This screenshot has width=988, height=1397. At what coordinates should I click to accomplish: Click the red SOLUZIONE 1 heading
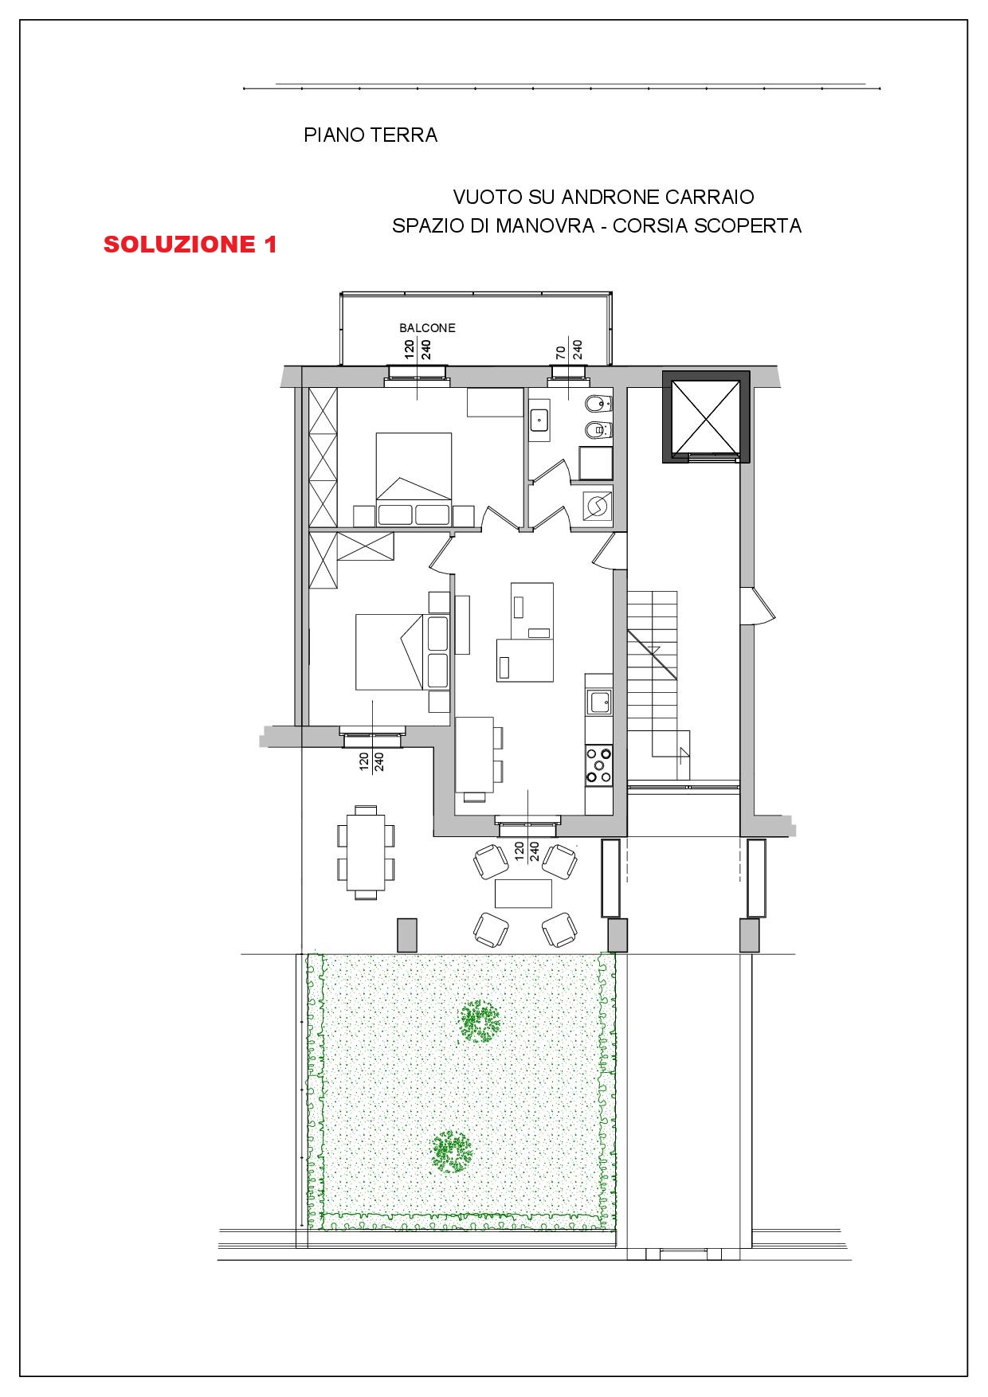pos(190,245)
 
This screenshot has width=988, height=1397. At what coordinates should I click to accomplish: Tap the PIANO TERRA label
pos(370,135)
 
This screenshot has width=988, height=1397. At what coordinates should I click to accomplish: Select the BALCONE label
pos(427,327)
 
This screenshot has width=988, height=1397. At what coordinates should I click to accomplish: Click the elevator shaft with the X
pos(705,416)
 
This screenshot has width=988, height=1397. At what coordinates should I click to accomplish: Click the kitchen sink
pos(598,702)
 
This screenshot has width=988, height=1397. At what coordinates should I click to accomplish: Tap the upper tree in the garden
pos(480,1019)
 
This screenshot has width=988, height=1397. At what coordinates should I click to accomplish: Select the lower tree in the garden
pos(452,1151)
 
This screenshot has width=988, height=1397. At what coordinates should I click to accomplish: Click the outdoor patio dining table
pos(365,851)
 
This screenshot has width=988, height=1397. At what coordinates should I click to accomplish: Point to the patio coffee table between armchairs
pos(523,893)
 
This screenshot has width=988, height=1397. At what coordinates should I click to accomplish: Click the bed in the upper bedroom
pos(414,479)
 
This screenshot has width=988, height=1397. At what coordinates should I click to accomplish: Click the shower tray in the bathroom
pos(595,464)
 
